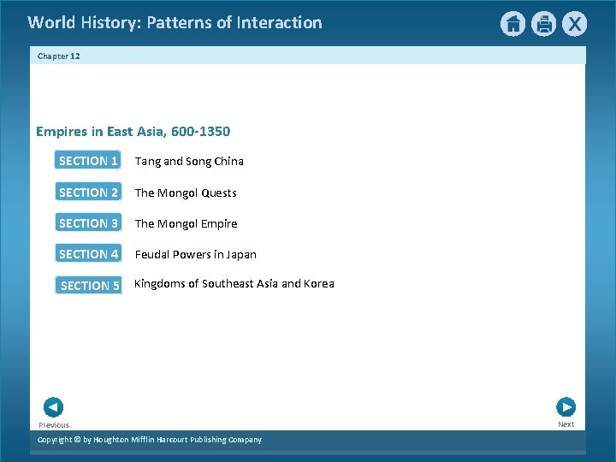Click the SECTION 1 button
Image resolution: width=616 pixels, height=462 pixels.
point(88,161)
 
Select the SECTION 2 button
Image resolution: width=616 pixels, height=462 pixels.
point(88,192)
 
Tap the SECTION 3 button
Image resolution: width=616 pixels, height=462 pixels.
point(88,223)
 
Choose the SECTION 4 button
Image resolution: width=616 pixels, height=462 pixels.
point(88,254)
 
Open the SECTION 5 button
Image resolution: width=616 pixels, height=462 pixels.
point(89,286)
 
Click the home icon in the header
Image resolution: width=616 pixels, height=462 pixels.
point(512,24)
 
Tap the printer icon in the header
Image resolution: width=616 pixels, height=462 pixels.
point(543,24)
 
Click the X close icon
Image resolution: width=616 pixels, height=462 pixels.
point(574,24)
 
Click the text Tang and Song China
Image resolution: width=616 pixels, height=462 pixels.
point(189,162)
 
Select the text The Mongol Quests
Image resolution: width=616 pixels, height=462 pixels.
point(186,193)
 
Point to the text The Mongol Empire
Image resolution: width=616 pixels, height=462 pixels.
point(186,224)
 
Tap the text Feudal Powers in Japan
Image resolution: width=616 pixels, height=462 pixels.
point(195,255)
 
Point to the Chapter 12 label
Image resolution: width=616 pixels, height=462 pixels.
point(59,56)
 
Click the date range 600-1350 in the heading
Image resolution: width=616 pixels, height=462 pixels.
point(200,132)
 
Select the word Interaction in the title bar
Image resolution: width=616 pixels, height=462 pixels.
point(280,23)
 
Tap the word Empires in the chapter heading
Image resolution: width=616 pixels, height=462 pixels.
point(60,132)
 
